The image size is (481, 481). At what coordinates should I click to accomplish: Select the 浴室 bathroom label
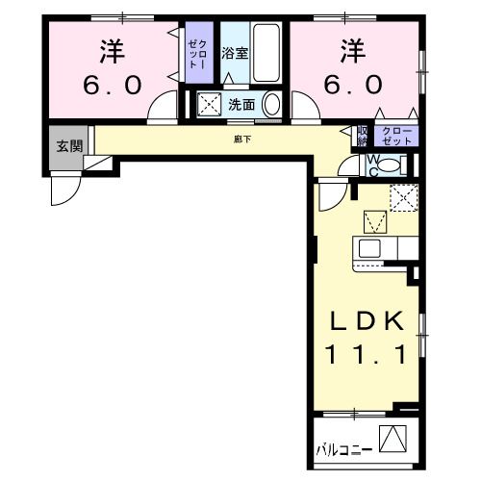coord(235,53)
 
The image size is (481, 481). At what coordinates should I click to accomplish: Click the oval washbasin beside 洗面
coord(271,104)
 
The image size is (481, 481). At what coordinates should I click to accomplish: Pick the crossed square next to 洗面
coord(208,104)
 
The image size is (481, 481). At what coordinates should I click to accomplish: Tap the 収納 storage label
coord(362,136)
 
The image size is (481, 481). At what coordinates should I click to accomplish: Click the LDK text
coord(371,320)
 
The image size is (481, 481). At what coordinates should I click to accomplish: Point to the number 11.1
coord(371,354)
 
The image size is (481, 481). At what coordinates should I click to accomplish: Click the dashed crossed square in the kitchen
coord(402,197)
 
